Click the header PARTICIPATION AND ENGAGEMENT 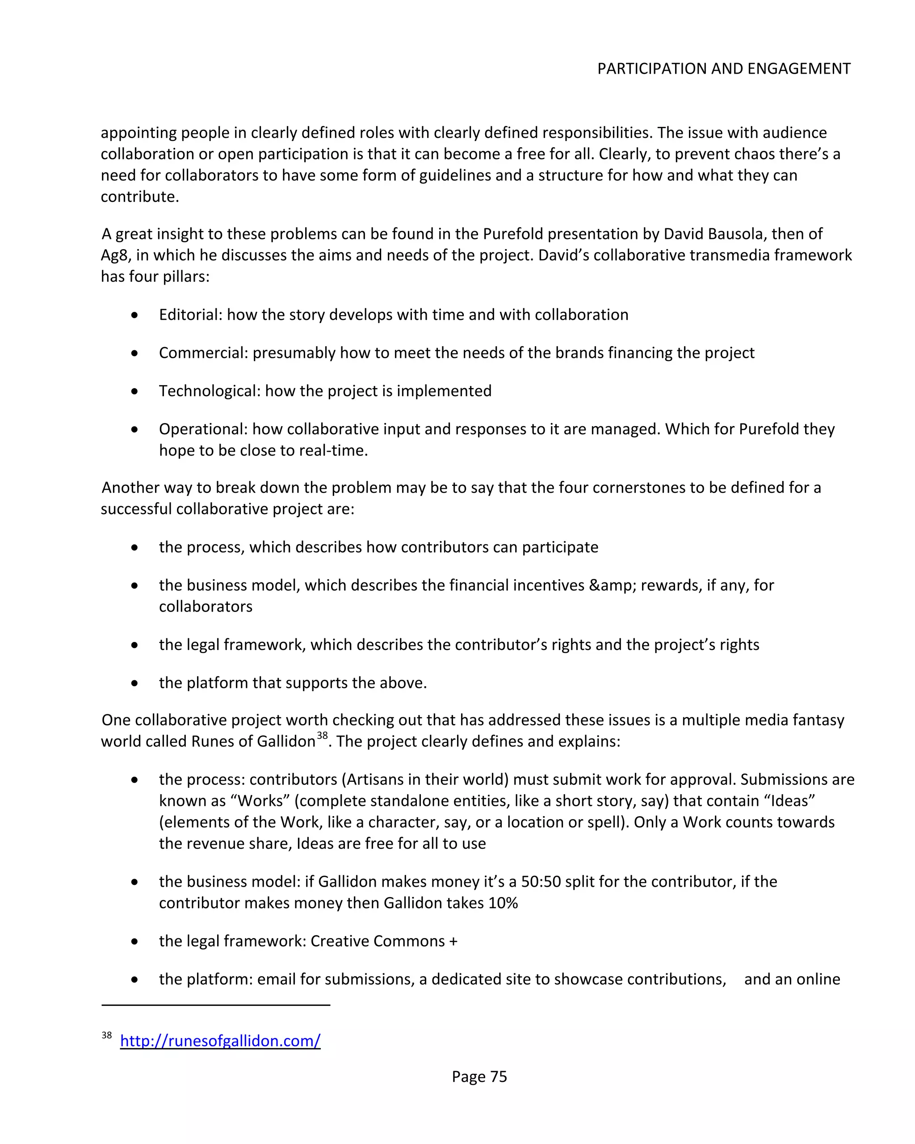pos(723,69)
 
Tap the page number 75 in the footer pos(498,1077)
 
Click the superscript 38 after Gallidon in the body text pos(322,735)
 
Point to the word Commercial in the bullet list pos(203,353)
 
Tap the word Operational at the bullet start pos(203,429)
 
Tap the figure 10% pos(503,903)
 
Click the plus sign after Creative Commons pos(453,941)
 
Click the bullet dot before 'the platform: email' pos(134,980)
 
